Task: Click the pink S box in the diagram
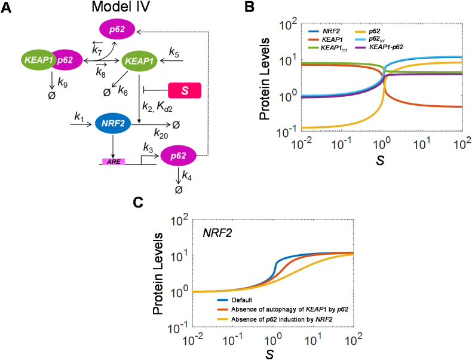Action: (185, 90)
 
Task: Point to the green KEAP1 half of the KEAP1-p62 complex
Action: (37, 60)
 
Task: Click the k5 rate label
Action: (174, 54)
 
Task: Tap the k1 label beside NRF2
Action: (79, 115)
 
